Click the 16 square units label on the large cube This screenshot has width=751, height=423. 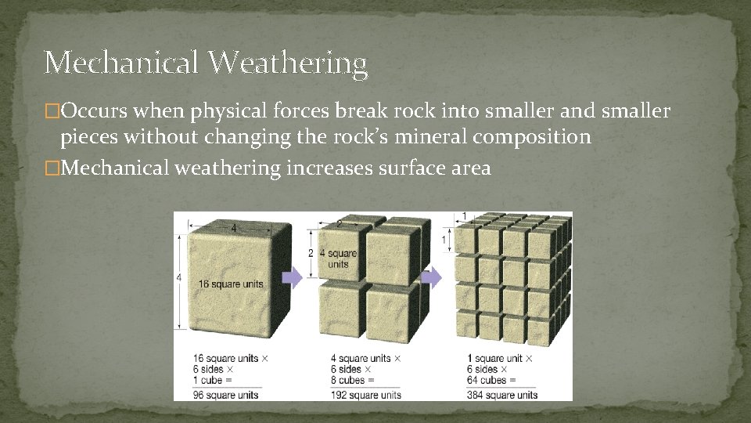point(231,283)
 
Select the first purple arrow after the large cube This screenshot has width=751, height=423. point(291,277)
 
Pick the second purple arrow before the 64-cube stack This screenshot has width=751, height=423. point(431,277)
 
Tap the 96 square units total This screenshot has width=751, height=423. point(226,394)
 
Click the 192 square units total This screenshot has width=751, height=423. point(365,394)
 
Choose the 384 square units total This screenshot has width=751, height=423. point(501,394)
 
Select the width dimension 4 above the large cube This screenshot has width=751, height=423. point(232,229)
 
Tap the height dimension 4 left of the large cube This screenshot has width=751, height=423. point(180,278)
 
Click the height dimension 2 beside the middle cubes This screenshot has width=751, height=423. point(311,254)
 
